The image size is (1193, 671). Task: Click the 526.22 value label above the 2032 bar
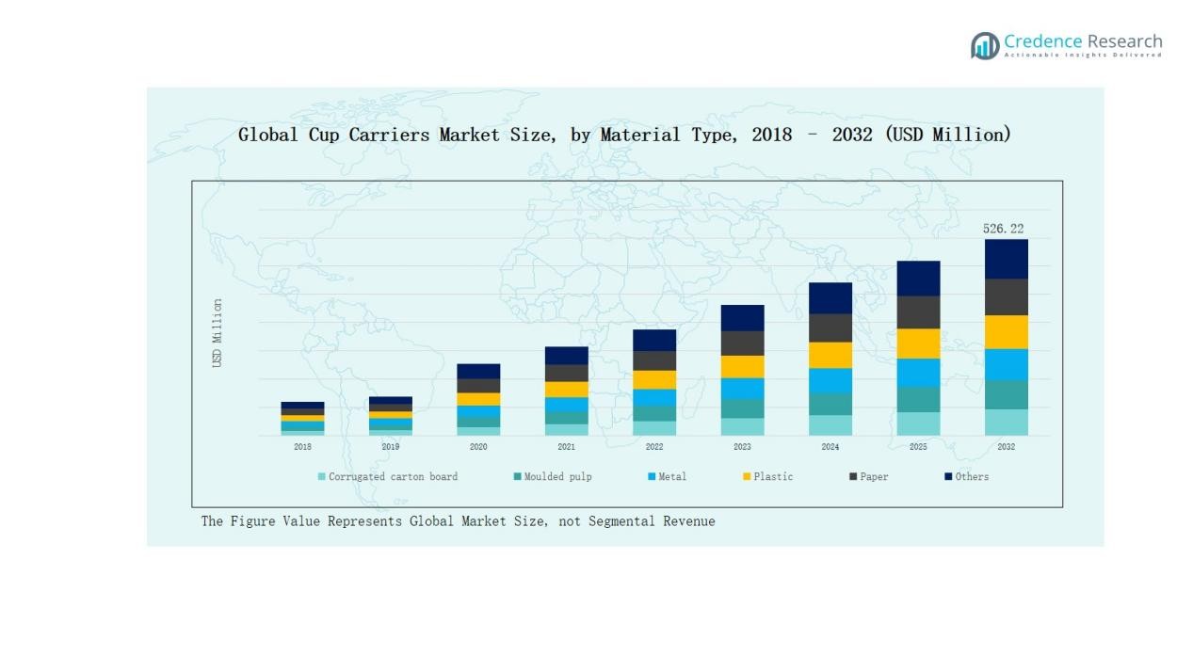pyautogui.click(x=1003, y=229)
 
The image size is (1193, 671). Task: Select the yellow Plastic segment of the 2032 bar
pyautogui.click(x=1006, y=332)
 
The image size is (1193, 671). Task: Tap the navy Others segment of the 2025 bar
pyautogui.click(x=918, y=279)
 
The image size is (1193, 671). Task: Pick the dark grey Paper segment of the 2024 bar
pyautogui.click(x=830, y=328)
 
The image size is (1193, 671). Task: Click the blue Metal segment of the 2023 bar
pyautogui.click(x=742, y=389)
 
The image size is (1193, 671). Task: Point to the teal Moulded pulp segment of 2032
pyautogui.click(x=1006, y=394)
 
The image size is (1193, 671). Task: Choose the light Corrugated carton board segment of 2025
pyautogui.click(x=918, y=423)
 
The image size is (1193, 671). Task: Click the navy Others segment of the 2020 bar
pyautogui.click(x=478, y=371)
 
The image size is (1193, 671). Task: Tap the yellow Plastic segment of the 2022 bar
pyautogui.click(x=654, y=379)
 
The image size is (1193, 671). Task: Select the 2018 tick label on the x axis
pyautogui.click(x=302, y=447)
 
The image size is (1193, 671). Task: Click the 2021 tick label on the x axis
pyautogui.click(x=566, y=447)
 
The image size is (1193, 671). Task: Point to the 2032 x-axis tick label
pyautogui.click(x=1006, y=447)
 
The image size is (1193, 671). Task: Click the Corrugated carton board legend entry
pyautogui.click(x=388, y=477)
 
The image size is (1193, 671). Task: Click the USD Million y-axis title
pyautogui.click(x=218, y=333)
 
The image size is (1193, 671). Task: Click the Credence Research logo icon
pyautogui.click(x=985, y=45)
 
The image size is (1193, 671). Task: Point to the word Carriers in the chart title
pyautogui.click(x=389, y=135)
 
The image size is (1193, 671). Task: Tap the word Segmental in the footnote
pyautogui.click(x=622, y=521)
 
